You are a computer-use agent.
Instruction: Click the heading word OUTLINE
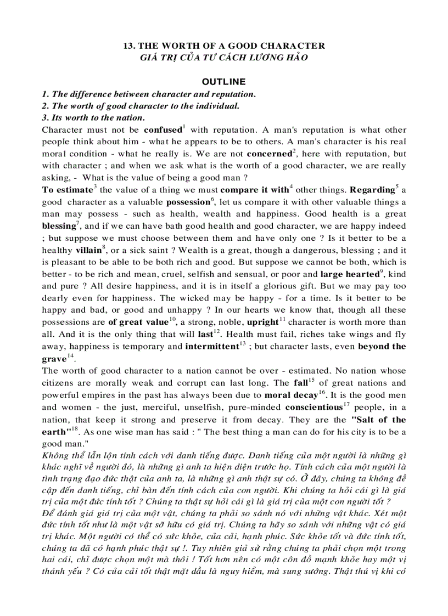(x=223, y=82)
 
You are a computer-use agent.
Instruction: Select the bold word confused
(x=163, y=130)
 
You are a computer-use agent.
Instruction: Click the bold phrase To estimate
(x=66, y=190)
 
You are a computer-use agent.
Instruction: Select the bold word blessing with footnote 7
(x=59, y=226)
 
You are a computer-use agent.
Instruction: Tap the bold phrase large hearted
(x=349, y=274)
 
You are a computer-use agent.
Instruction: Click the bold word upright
(x=262, y=322)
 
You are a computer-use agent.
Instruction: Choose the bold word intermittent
(x=211, y=346)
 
